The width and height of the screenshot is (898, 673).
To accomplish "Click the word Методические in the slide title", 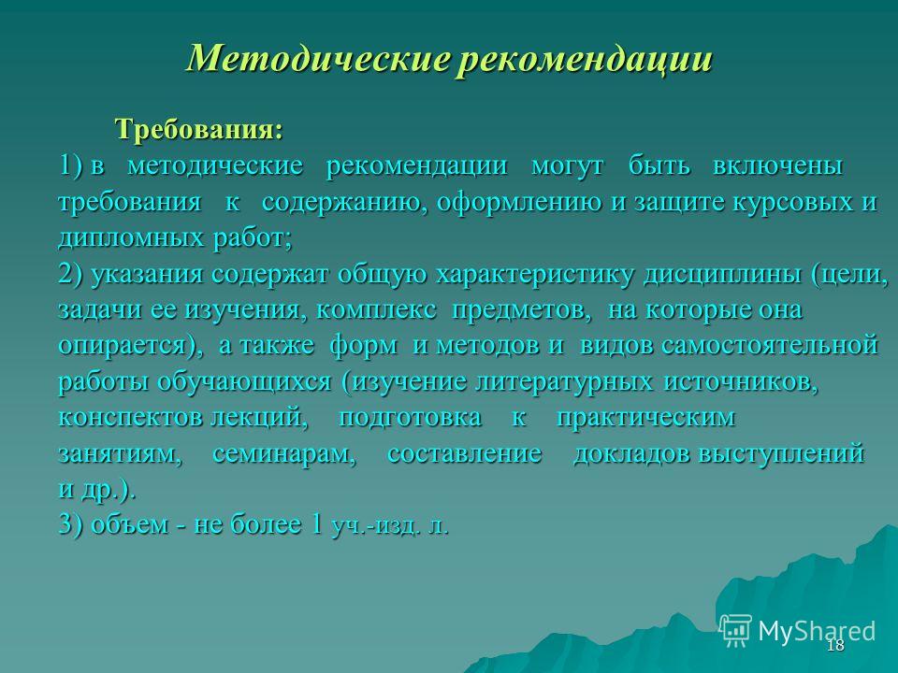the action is (x=317, y=58).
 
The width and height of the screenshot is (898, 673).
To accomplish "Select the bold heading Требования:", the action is (x=199, y=129).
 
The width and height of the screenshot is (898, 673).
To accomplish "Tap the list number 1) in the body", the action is (x=71, y=165).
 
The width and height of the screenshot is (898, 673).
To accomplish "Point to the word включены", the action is (x=777, y=165).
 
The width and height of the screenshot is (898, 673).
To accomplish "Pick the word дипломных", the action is (x=131, y=238).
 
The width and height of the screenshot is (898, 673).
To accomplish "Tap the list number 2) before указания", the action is (x=71, y=274).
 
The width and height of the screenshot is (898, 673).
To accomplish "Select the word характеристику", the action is (x=535, y=275).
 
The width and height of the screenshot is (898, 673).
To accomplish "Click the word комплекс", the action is (x=376, y=309).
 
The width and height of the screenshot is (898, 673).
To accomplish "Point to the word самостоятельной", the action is (x=770, y=345).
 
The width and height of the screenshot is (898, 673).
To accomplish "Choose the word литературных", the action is (x=564, y=382).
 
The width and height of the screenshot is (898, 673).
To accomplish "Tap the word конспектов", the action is (x=130, y=417).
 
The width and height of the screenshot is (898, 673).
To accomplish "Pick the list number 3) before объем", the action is (x=71, y=523).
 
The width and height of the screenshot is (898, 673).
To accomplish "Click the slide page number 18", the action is (x=835, y=646).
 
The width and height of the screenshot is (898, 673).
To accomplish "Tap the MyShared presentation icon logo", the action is (x=736, y=631).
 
